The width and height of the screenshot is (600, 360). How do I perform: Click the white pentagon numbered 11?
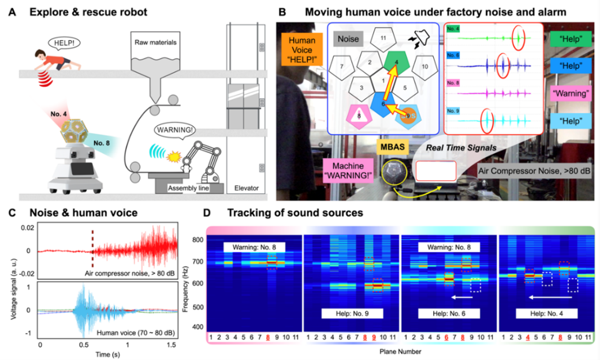(x=383, y=37)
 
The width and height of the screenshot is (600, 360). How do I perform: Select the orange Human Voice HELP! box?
(x=302, y=50)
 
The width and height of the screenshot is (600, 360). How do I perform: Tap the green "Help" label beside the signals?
(x=570, y=41)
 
